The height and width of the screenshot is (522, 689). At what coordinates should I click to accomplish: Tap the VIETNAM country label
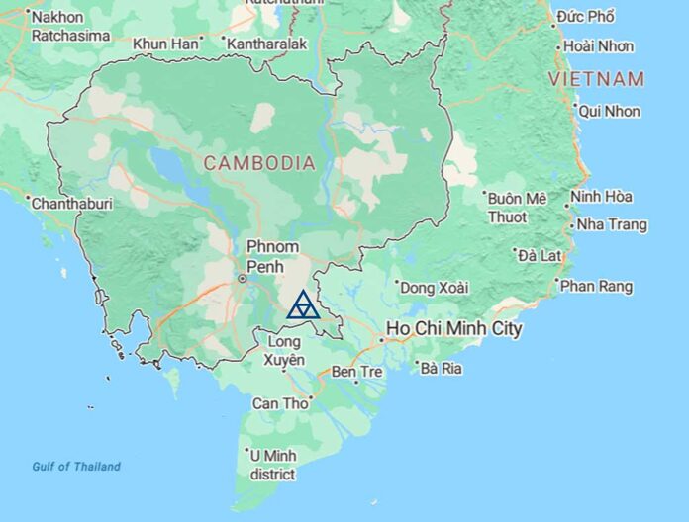[x=601, y=79]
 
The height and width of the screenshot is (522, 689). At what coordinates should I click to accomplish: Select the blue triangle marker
[x=302, y=305]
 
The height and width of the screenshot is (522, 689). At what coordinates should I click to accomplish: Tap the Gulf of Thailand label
[x=76, y=467]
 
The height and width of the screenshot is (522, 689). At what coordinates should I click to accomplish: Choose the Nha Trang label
[x=613, y=225]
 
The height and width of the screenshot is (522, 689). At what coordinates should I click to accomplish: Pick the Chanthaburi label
[x=72, y=204]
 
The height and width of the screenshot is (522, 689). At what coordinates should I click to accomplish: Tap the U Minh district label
[x=273, y=464]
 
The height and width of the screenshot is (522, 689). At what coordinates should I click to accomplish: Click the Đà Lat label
[x=542, y=255]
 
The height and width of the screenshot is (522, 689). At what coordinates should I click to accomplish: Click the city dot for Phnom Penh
[x=242, y=279]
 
